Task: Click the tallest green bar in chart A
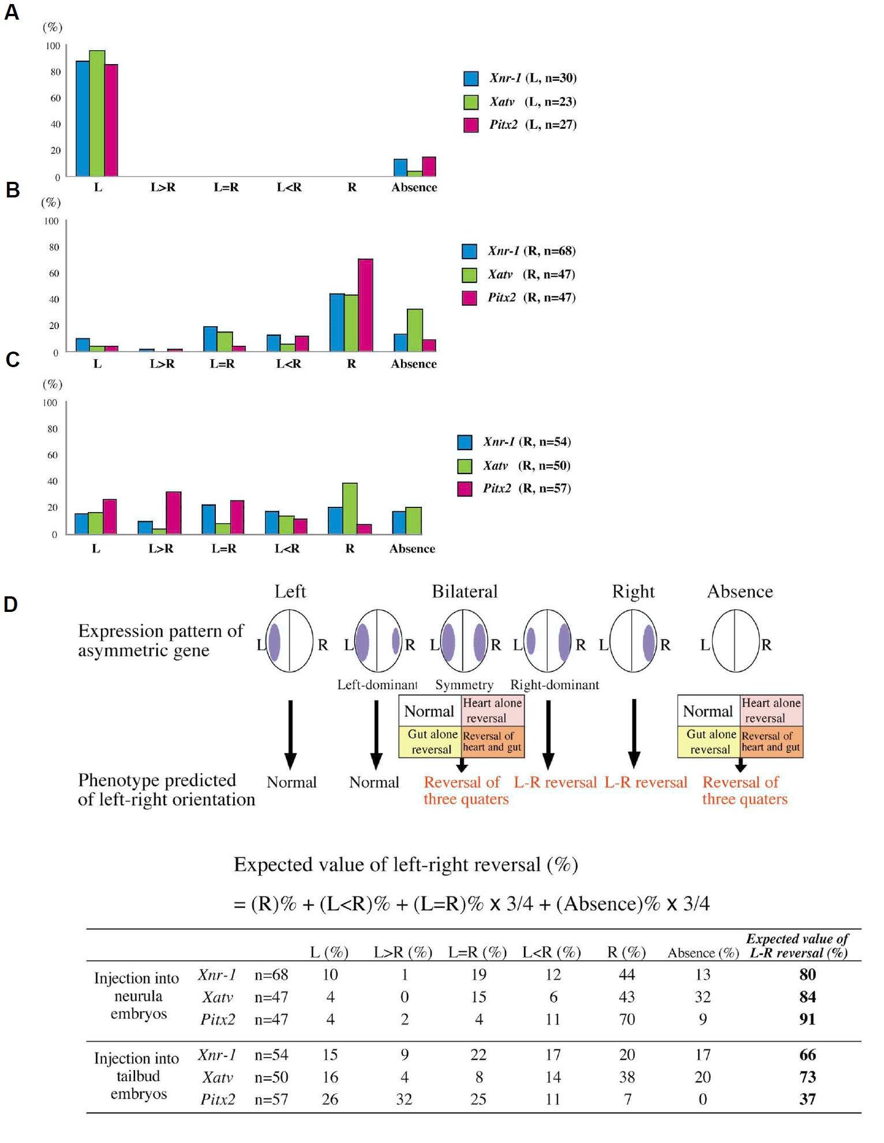coord(97,113)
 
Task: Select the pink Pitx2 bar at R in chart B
coord(365,305)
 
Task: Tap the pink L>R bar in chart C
coord(174,513)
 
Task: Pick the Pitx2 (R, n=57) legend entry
coord(514,488)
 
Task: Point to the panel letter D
coord(10,604)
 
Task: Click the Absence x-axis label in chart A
coord(414,187)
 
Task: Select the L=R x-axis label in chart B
coord(222,364)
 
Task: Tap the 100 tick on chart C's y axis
coord(50,403)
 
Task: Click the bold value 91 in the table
coord(807,1019)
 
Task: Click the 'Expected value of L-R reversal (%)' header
coord(797,946)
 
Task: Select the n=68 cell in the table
coord(271,974)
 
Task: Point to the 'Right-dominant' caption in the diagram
coord(555,685)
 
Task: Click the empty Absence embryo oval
coord(735,641)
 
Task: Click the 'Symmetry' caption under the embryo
coord(464,685)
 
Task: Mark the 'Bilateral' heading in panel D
coord(465,591)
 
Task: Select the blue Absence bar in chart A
coord(400,167)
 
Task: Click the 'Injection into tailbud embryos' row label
coord(137,1076)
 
